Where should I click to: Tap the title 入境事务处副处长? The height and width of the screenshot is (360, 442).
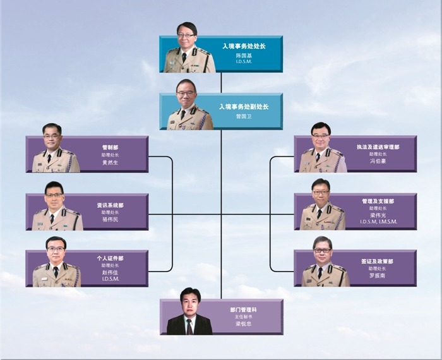244,107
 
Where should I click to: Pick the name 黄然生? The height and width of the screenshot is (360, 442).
110,162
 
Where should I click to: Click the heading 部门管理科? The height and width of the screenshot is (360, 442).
243,309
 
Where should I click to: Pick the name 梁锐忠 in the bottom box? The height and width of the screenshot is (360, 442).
243,325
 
